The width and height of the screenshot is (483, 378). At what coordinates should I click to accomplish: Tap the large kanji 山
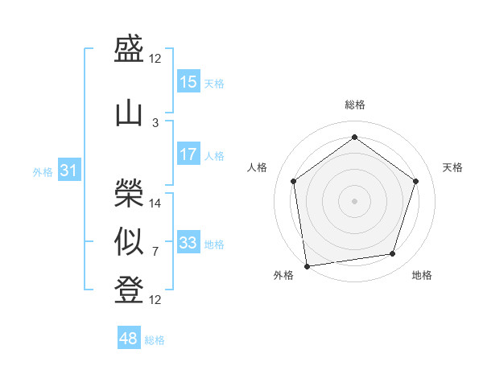pos(129,113)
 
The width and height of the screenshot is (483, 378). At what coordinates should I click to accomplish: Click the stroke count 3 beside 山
pos(155,122)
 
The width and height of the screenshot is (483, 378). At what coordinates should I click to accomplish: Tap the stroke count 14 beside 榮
pos(155,203)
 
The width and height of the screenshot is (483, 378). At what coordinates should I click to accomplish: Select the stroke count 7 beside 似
pos(155,253)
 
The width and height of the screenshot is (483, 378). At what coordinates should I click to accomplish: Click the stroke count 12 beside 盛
pos(155,59)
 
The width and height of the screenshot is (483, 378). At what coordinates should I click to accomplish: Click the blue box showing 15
pos(188,82)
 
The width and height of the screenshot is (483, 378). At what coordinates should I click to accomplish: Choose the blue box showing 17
pos(188,154)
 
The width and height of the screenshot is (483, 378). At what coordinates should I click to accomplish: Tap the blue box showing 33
pos(188,243)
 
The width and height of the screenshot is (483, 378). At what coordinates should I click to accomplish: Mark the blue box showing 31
pos(68,171)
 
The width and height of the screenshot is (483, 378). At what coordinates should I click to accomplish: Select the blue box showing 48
pos(129,339)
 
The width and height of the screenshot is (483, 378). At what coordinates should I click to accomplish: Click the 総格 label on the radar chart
pos(354,105)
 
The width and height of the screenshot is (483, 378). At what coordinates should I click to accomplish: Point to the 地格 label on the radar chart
pos(422,275)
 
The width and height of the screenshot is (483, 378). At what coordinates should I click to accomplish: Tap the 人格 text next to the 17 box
pos(214,155)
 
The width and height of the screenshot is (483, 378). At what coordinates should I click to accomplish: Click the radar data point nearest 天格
pos(416,181)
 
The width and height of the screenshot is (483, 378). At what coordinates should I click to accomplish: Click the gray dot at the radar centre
pos(354,200)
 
